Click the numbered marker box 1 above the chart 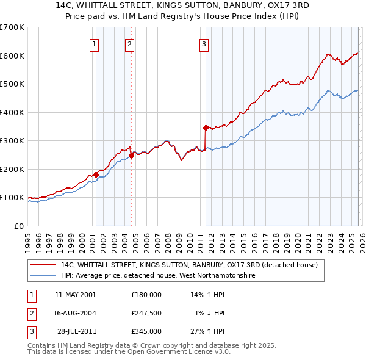point(95,44)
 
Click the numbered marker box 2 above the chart point(131,44)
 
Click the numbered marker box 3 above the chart point(204,44)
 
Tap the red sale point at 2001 point(96,175)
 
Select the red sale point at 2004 point(131,156)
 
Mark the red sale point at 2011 point(206,128)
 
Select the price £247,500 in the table point(146,313)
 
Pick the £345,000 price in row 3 point(146,331)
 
